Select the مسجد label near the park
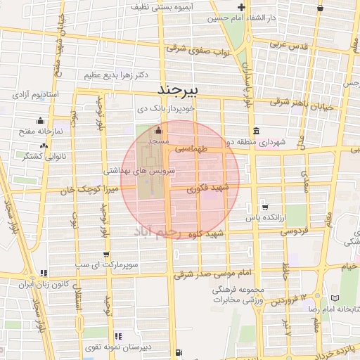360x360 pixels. (156, 142)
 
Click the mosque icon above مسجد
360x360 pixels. (157, 130)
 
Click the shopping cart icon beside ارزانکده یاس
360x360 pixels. (264, 207)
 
